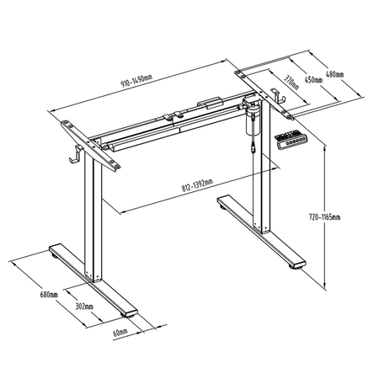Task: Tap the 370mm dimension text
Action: click(x=289, y=83)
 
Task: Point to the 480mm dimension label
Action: click(x=334, y=74)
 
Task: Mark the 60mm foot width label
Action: click(x=120, y=333)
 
